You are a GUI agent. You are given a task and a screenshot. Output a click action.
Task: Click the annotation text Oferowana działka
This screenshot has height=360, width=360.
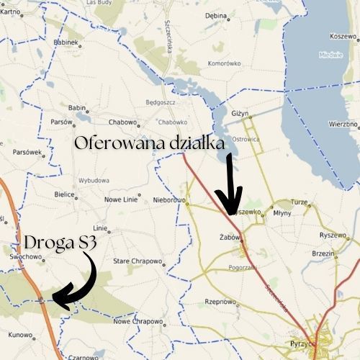(x=149, y=143)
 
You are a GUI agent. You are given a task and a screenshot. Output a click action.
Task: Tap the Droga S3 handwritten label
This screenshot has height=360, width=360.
(x=60, y=243)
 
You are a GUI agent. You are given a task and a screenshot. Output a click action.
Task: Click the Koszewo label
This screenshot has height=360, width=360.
(x=343, y=35)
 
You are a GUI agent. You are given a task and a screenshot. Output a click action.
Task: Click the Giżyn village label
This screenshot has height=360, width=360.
(x=240, y=114)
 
